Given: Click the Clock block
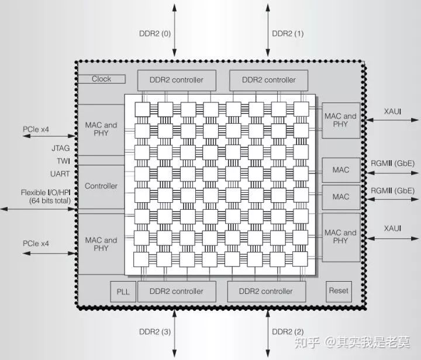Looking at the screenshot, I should tap(101, 79).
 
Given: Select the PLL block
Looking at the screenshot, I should tap(123, 291).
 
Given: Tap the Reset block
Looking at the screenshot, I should tap(339, 291).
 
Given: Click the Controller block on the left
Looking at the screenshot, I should tap(101, 186).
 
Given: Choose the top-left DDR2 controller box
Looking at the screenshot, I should tap(177, 80).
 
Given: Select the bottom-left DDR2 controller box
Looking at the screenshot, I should tap(177, 291).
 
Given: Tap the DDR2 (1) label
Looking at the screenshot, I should tap(288, 33).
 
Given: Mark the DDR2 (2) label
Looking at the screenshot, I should tap(288, 333).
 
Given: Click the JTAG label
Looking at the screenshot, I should tap(60, 148).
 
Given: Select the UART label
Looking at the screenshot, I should tap(60, 174).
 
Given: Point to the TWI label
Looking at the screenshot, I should tap(63, 161).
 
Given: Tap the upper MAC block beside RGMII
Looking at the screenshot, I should tap(341, 170).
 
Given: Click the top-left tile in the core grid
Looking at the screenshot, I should tap(143, 109).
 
